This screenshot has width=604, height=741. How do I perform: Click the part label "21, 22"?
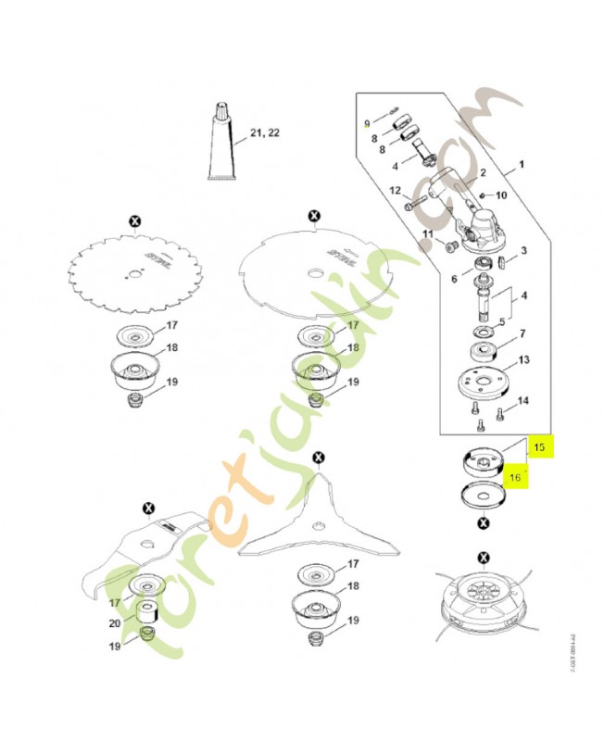pos(263,133)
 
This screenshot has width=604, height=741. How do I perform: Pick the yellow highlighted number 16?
pos(517,478)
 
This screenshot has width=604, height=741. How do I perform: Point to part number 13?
pos(523,360)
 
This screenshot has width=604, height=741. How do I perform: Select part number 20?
pos(115,623)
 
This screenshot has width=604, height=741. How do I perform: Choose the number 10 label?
pos(501,195)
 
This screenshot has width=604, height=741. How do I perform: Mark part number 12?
pos(394,191)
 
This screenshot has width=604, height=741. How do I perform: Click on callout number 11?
pos(427,234)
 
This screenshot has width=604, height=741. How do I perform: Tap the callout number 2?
pos(482,173)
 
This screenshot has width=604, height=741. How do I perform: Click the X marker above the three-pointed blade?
pos(319,458)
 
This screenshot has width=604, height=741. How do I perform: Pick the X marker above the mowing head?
pos(483,557)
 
